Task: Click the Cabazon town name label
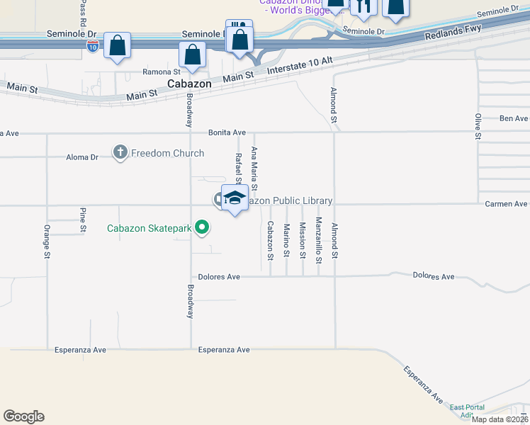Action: [189, 84]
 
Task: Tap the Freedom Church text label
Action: [167, 153]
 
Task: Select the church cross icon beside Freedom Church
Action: [120, 152]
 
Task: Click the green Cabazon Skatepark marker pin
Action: [203, 227]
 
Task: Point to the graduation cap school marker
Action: [235, 198]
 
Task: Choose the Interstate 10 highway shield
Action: [93, 46]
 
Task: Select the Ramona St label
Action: [162, 72]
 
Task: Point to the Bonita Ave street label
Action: [227, 132]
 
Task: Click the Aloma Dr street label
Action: [82, 157]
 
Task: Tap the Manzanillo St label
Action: [319, 240]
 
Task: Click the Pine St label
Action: [83, 220]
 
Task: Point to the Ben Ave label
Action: [514, 118]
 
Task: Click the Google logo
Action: [23, 416]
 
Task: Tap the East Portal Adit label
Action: [466, 411]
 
